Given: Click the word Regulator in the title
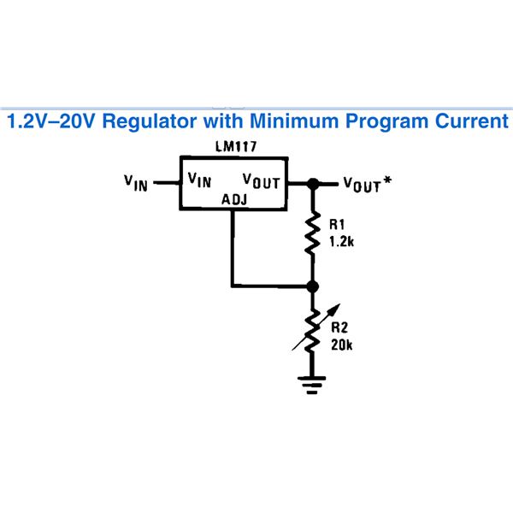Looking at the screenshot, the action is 150,121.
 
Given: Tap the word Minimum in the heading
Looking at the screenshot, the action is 294,121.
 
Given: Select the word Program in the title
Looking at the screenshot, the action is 387,121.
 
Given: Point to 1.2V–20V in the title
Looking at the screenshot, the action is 51,121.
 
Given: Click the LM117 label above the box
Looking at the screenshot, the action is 236,146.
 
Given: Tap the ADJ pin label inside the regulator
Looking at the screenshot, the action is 234,199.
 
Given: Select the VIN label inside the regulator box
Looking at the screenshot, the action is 199,180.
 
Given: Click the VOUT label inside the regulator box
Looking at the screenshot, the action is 262,181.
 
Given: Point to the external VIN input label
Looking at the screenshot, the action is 136,183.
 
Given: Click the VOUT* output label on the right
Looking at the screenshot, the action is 368,184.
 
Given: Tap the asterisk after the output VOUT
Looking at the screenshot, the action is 387,180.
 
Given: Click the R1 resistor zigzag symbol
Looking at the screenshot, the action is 313,233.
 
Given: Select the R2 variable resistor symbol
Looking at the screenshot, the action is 313,330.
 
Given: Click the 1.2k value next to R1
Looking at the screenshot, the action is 341,242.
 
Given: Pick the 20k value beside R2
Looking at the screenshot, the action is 341,345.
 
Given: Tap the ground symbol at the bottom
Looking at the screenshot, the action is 312,385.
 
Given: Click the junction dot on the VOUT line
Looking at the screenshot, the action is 313,184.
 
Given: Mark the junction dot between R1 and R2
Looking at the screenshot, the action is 313,286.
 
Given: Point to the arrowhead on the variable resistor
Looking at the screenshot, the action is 336,308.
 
